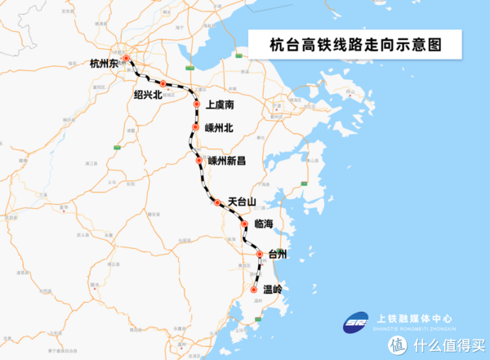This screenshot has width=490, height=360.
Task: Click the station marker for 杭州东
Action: tap(127, 59)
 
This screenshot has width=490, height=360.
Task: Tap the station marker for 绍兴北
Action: tap(163, 84)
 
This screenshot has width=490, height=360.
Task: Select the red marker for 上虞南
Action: tap(197, 104)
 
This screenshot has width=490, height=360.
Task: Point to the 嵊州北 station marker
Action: tap(196, 127)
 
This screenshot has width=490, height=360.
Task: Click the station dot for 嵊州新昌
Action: tap(199, 161)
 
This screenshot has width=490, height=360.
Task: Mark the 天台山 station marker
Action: tap(217, 202)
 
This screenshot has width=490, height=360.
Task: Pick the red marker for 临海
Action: tap(244, 224)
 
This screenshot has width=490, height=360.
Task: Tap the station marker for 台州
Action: tap(261, 255)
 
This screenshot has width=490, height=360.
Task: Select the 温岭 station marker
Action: tap(254, 290)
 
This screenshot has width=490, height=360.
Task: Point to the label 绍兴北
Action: tap(148, 95)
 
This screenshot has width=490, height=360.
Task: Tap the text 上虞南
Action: tap(220, 105)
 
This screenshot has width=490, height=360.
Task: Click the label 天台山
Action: tap(242, 201)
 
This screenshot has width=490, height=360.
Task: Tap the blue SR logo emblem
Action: tap(357, 322)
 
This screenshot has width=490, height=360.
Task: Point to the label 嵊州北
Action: tap(220, 127)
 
